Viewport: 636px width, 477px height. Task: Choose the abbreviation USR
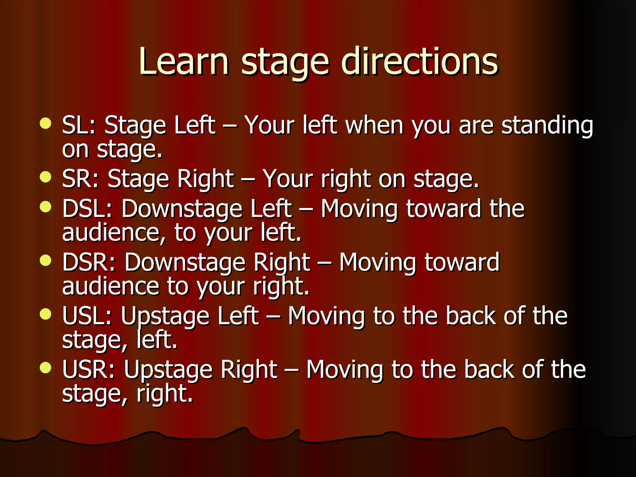point(87,370)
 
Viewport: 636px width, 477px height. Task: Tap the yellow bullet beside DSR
point(46,260)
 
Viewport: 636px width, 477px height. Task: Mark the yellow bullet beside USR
point(46,368)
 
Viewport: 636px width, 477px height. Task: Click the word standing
point(547,126)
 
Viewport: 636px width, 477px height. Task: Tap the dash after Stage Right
point(248,179)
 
